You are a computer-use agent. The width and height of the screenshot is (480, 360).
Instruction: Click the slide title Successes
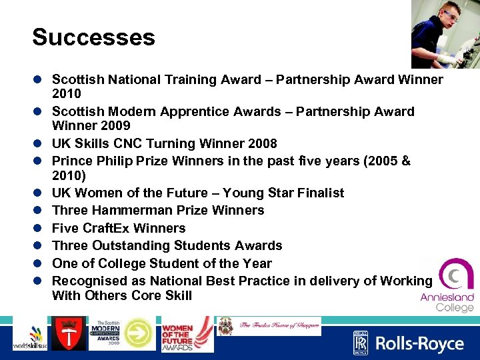click(x=93, y=37)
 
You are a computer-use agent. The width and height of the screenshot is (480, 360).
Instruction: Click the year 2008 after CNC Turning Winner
click(x=262, y=143)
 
